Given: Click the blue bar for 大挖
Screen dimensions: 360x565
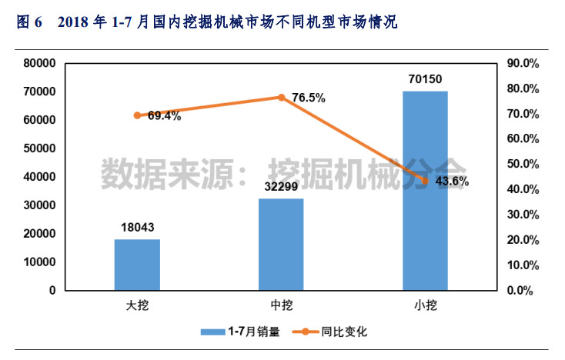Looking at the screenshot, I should (137, 265).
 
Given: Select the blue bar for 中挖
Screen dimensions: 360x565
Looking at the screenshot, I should (281, 245).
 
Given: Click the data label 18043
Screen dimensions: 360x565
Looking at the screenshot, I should (137, 227).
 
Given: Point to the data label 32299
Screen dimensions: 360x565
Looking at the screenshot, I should (281, 185).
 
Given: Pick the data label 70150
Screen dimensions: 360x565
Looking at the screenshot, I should (425, 78).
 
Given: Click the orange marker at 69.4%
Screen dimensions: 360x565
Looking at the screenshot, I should (137, 115).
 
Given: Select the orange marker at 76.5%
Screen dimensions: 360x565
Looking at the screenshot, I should (281, 98).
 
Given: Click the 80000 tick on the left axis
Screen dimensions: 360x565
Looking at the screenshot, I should (40, 63).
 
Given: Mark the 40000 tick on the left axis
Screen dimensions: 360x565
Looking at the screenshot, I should (40, 177).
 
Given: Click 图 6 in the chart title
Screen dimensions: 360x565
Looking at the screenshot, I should (28, 23).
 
